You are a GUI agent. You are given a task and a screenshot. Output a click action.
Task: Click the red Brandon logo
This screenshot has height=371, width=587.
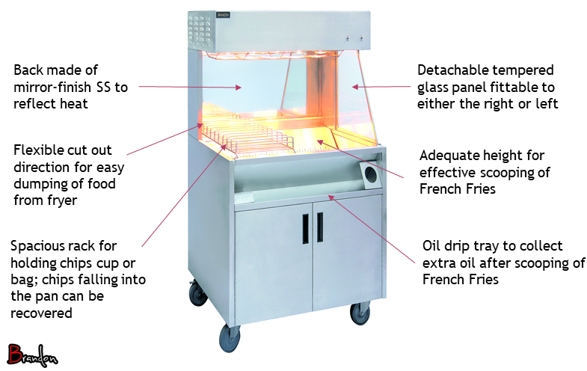(x=32, y=355)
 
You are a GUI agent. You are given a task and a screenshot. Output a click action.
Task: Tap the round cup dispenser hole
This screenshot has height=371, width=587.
(x=371, y=175)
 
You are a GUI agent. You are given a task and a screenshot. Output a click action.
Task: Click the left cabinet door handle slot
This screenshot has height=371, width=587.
(x=306, y=229)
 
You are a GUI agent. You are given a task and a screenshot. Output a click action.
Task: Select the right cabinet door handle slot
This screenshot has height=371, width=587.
(x=320, y=227)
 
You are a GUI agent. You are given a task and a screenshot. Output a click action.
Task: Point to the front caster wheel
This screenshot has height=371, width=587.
(x=229, y=338)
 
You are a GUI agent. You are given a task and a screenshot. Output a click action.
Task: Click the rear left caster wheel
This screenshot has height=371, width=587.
(x=197, y=293)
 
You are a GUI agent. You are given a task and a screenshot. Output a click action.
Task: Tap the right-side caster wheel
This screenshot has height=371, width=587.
(x=360, y=313)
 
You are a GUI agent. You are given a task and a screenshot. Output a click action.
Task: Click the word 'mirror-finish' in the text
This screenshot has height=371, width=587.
(x=52, y=88)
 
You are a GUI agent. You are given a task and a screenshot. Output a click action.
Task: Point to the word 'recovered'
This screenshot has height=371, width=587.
(x=41, y=313)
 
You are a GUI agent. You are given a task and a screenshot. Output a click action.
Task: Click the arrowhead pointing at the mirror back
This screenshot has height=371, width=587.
(x=238, y=88)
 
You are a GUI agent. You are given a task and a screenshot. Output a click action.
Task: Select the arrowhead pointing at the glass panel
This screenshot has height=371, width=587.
(x=355, y=87)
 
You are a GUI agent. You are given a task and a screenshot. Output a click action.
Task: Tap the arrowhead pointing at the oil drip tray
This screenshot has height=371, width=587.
(x=331, y=197)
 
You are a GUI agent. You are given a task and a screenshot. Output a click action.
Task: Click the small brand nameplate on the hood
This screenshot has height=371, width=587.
(x=223, y=15)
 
